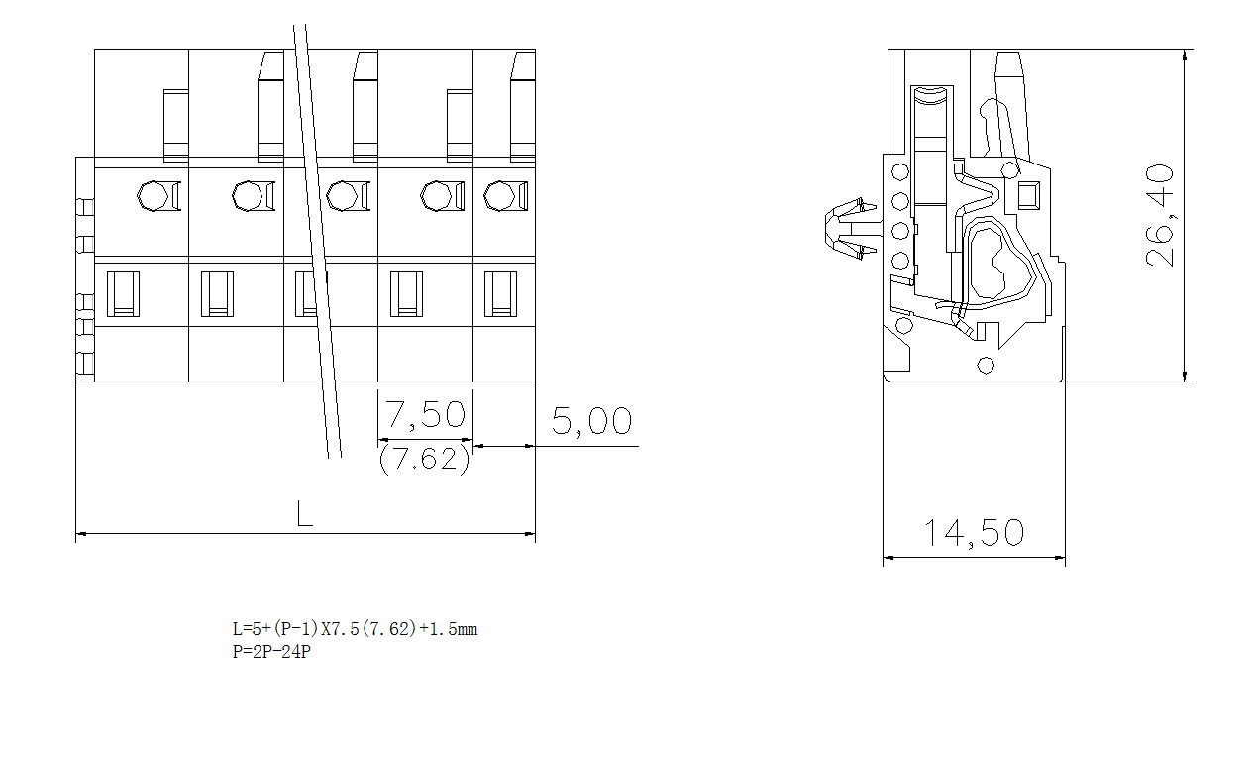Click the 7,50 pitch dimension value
coord(425,414)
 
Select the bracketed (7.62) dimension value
coord(424,460)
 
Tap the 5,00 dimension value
coord(591,422)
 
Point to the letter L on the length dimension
coord(305,513)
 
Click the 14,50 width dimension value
coord(974,533)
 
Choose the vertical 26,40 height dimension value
coord(1161,215)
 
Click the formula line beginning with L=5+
coord(355,629)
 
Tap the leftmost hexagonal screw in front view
coord(153,196)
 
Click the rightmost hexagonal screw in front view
coord(499,196)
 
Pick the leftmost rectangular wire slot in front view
coord(123,293)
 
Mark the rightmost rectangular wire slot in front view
coord(500,293)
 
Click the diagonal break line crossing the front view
coord(317,238)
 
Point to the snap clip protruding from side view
coord(849,230)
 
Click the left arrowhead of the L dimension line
coord(82,534)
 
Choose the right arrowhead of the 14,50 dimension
coord(1059,558)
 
